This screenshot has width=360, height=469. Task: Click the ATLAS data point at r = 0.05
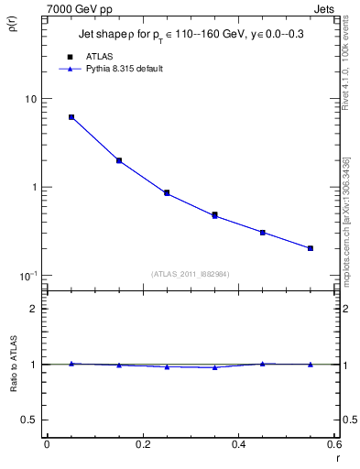tap(71, 117)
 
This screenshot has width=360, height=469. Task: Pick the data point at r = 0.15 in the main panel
tap(119, 160)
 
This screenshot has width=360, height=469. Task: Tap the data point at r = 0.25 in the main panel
tap(167, 193)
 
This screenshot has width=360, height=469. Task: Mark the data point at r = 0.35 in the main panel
tap(214, 215)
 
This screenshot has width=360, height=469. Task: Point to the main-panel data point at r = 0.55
tap(311, 248)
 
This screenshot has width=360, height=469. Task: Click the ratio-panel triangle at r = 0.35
tap(214, 367)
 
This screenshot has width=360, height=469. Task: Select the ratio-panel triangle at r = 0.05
tap(71, 364)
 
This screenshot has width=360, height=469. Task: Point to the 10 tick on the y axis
tap(30, 99)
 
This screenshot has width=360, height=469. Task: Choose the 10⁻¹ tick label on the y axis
tap(27, 276)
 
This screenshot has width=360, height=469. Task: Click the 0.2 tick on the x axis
tap(143, 445)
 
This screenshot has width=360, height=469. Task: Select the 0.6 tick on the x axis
tap(334, 445)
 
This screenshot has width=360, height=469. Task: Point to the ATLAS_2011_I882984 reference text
tap(191, 273)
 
